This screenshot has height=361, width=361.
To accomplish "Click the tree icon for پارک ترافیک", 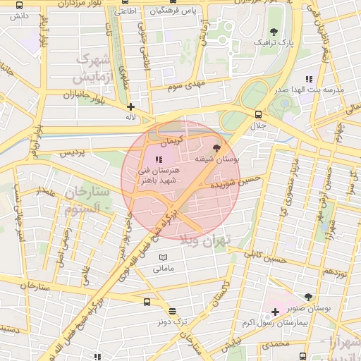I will coord(274,32).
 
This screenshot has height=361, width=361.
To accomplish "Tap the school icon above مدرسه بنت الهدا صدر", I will coord(308,79).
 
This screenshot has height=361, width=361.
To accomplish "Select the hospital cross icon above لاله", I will coord(130,106).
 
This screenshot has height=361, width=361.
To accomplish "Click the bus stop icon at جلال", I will coord(257,114).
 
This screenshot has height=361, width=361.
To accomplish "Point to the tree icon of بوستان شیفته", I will coord(216,149).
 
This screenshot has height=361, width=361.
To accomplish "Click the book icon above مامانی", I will coord(164,257).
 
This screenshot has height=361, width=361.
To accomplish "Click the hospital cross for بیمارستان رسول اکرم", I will coord(275,312).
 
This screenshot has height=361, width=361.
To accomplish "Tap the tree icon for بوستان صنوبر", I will coord(308,297).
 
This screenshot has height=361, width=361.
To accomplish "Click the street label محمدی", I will coord(275,345).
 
